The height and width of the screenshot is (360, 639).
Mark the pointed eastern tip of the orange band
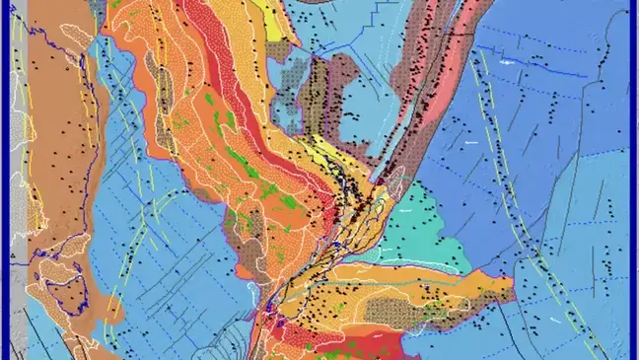pos(512,287)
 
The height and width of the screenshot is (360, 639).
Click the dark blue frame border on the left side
pos(4,178)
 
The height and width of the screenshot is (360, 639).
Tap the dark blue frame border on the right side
pos(634,178)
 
